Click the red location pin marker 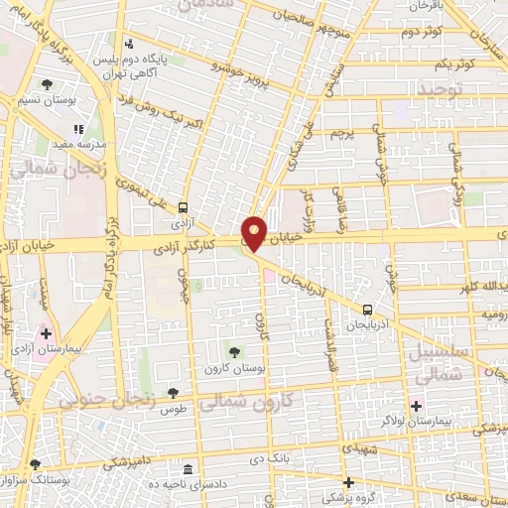point(255,232)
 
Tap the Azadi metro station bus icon point(184,208)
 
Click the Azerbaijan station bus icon point(368,310)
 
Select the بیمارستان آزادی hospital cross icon point(45,333)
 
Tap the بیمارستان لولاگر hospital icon point(417,405)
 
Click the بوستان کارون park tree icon point(234,350)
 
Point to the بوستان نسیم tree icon point(49,84)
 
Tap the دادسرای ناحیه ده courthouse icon point(189,468)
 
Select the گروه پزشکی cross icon point(348,482)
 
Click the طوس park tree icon point(174,394)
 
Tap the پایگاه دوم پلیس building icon point(129,44)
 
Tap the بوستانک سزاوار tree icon point(37,464)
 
